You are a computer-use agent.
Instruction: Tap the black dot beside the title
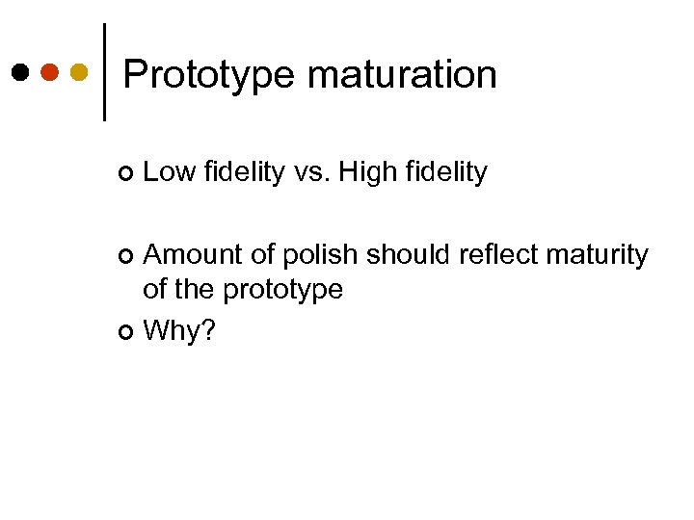(20, 71)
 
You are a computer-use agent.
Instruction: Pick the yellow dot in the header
(80, 71)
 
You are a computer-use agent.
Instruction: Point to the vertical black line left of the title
(104, 71)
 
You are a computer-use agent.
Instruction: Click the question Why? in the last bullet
(179, 332)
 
